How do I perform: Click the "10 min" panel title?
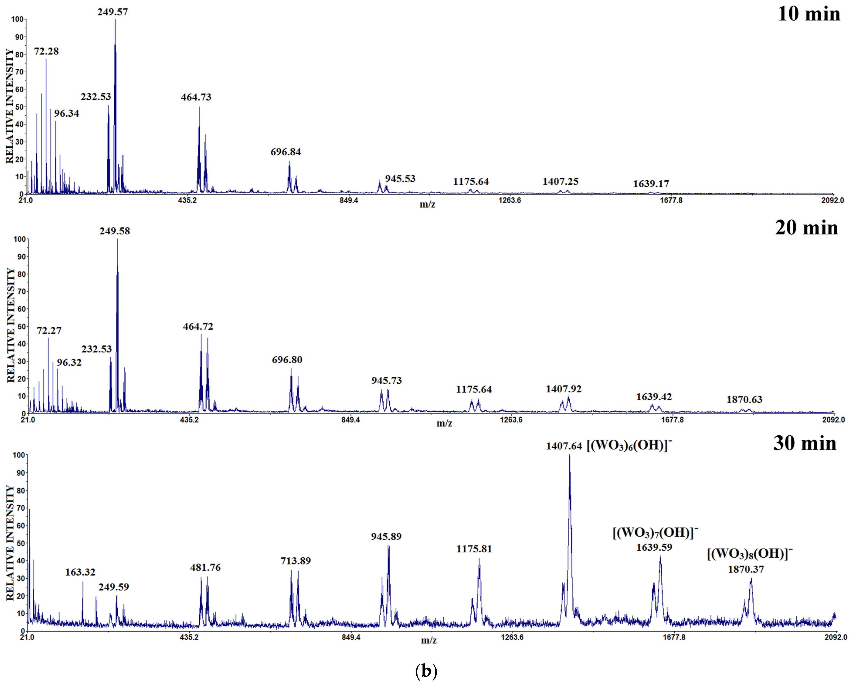[808, 14]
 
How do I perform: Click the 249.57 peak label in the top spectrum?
[113, 12]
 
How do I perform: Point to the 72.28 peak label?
[46, 51]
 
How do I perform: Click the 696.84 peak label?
[286, 152]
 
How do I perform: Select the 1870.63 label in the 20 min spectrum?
[744, 400]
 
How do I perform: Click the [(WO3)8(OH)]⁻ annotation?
[750, 554]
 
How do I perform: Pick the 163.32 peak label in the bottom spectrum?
[80, 572]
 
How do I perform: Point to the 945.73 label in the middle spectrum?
[386, 381]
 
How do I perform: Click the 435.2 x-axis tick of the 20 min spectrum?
[189, 420]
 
